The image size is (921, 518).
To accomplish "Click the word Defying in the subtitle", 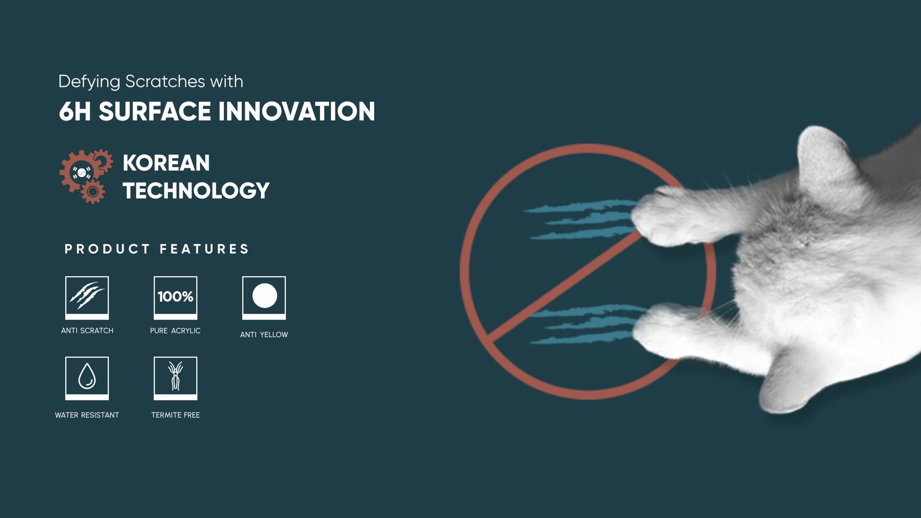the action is click(89, 82).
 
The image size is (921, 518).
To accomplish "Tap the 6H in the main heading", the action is click(75, 111).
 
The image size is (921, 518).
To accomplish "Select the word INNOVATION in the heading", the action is click(296, 111).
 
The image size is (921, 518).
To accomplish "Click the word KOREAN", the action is click(166, 163).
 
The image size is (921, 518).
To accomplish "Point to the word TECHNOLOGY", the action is click(196, 191).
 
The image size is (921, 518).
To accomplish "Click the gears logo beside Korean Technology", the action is click(86, 176).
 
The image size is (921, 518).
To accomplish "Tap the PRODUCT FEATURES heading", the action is click(157, 249).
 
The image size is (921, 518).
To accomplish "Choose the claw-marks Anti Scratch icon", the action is click(87, 298).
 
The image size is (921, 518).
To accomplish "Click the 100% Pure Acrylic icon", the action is click(176, 298).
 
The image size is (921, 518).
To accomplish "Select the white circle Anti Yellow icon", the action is click(264, 298).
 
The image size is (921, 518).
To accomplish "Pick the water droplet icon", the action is click(87, 378).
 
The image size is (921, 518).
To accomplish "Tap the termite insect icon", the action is click(176, 378).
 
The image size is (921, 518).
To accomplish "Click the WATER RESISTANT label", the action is click(87, 415).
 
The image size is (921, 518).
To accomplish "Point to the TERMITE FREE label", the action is click(176, 415).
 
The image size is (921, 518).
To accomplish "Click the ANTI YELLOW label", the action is click(264, 335).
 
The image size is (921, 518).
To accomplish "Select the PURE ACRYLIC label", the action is click(175, 330).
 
